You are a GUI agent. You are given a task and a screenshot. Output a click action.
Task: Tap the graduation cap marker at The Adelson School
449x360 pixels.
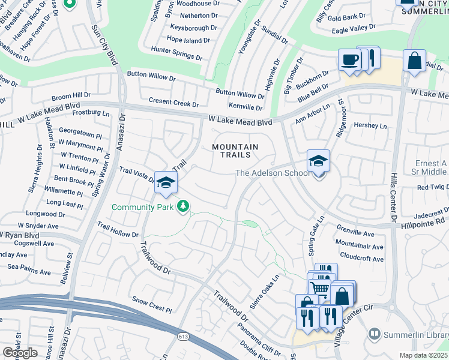coord(318,161)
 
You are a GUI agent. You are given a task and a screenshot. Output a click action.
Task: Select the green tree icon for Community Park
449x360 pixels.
coord(183,207)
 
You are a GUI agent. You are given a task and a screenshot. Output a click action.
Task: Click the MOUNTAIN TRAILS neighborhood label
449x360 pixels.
coord(235,151)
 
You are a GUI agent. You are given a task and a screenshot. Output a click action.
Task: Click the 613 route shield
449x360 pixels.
coord(182,338)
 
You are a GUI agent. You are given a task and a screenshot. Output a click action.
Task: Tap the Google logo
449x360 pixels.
coord(19,353)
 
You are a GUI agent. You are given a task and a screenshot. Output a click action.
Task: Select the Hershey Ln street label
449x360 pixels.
coord(370,126)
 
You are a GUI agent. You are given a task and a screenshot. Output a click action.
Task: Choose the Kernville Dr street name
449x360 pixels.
coord(247,107)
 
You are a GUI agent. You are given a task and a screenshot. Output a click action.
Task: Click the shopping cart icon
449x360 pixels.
coord(321,289)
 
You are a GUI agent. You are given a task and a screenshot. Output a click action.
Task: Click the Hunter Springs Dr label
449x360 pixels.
coord(176,53)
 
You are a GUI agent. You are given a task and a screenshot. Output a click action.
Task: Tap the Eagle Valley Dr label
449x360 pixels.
coord(354,27)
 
